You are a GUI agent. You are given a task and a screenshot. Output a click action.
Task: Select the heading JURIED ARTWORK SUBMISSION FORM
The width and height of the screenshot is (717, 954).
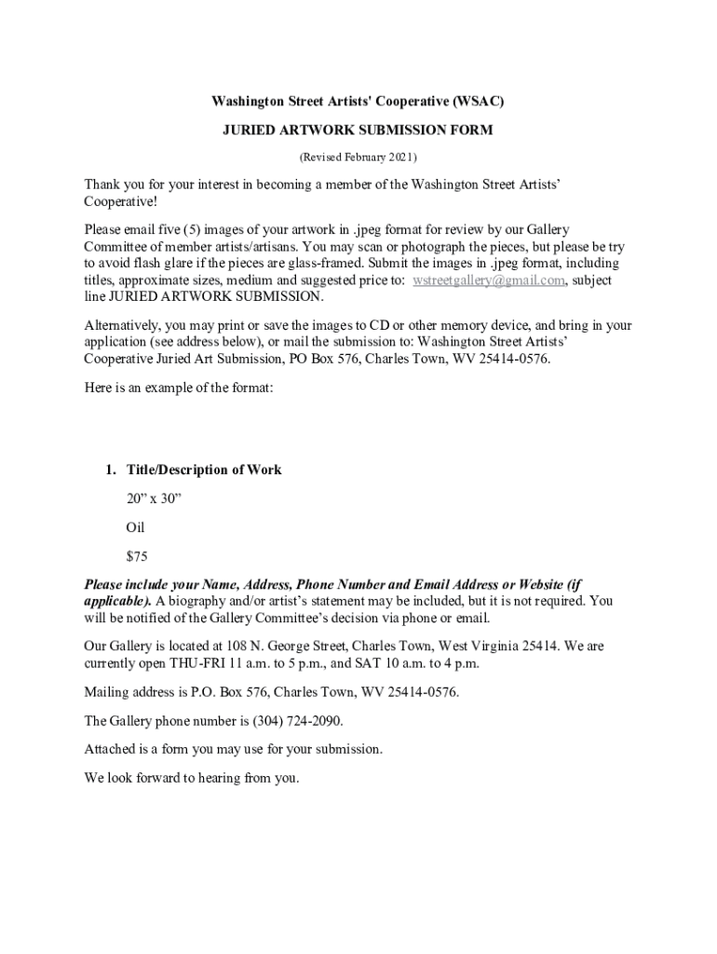(357, 130)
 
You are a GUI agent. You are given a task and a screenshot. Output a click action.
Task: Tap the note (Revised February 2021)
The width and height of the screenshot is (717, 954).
(357, 157)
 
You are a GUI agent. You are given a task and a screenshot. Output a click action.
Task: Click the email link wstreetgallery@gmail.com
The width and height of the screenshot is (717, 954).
(489, 280)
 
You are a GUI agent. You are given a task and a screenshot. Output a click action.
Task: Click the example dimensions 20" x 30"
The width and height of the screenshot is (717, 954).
(154, 498)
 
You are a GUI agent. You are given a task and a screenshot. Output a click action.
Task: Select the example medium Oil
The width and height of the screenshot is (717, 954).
(136, 527)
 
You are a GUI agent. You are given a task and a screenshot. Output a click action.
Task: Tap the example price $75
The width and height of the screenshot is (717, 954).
(137, 556)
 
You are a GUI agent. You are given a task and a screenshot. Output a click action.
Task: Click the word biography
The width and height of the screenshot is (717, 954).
(204, 601)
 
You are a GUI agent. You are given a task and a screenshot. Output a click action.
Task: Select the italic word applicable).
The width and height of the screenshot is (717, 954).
(118, 601)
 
